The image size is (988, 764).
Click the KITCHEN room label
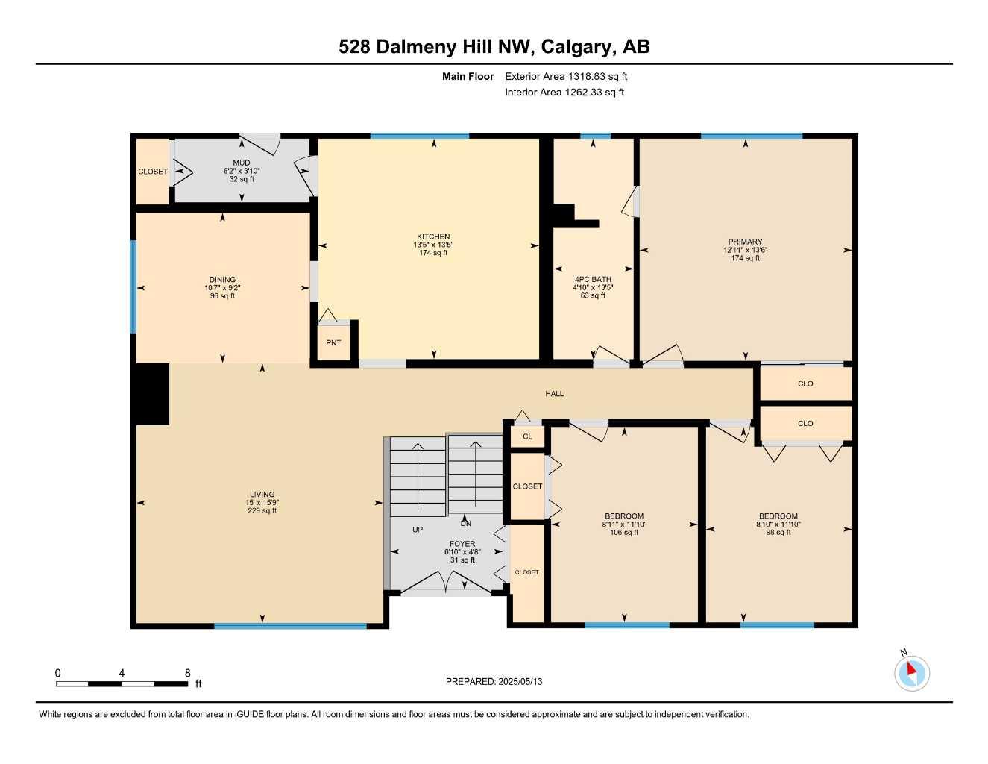(x=433, y=237)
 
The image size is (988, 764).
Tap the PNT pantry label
(x=333, y=343)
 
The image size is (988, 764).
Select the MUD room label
(x=242, y=163)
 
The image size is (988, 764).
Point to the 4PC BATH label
(x=593, y=279)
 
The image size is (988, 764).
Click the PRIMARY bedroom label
(x=745, y=242)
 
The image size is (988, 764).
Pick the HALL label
(x=554, y=394)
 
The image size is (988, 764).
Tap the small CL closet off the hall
(x=527, y=436)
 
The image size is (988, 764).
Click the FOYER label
(x=462, y=544)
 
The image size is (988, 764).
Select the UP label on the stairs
(x=418, y=530)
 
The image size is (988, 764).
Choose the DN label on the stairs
(x=465, y=524)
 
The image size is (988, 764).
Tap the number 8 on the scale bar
(x=187, y=673)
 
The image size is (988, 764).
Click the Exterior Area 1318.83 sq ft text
(x=566, y=76)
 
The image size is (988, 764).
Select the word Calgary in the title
(x=576, y=47)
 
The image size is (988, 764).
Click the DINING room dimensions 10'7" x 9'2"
(x=222, y=288)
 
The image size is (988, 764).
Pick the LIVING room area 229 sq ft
(x=262, y=510)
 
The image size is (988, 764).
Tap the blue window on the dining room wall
(x=133, y=287)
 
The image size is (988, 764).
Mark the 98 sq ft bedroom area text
(x=778, y=532)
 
